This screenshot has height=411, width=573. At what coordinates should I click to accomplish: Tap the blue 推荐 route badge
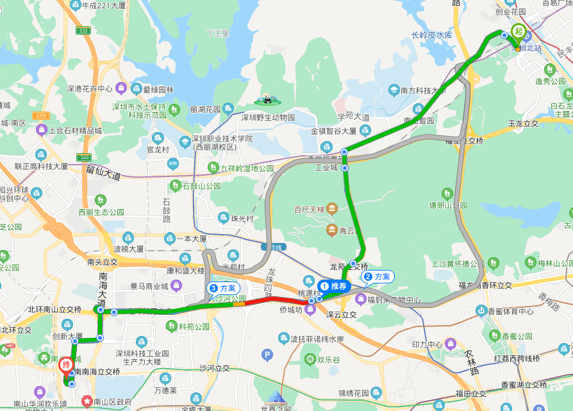coord(333,286)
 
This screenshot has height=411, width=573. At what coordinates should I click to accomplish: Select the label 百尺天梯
coord(310,209)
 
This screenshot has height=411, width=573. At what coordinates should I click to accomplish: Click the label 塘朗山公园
coord(449,205)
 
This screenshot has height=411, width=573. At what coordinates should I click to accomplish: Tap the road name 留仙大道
coord(103,172)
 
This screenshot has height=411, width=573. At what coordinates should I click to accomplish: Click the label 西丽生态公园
coord(101,212)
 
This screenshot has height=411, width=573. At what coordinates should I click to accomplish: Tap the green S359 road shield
coord(41,115)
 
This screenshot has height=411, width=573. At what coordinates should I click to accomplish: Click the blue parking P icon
coord(267,355)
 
